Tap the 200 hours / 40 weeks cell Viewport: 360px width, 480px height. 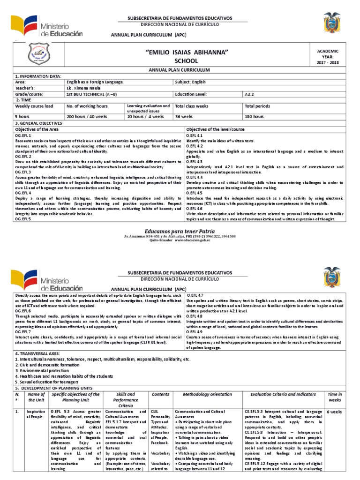[87, 116]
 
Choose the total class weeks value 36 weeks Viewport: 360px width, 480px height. [184, 116]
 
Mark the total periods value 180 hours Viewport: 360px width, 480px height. [254, 116]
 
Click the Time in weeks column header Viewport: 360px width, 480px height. [335, 397]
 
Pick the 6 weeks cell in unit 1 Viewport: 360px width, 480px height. [334, 412]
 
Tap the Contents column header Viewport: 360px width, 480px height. [160, 394]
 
